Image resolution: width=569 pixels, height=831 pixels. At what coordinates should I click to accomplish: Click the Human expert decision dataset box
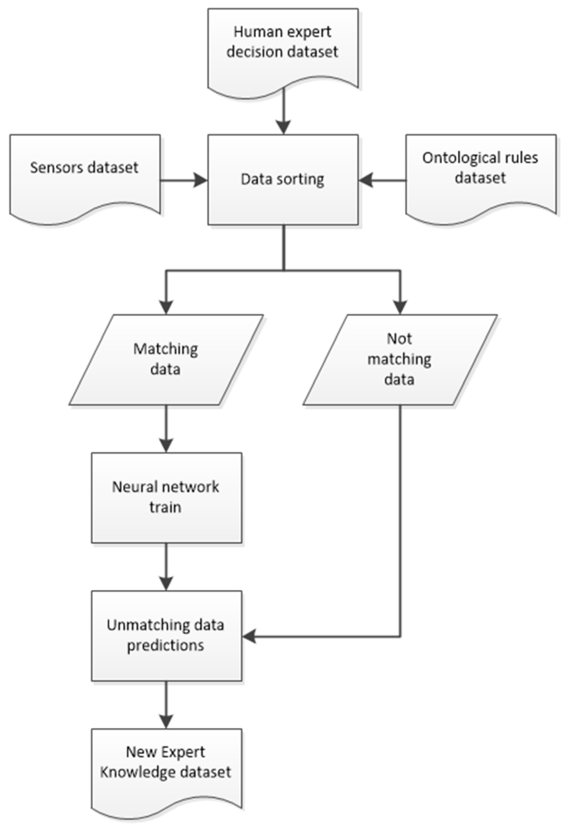click(x=283, y=50)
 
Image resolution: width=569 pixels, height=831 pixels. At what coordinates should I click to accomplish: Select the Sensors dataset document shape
click(x=85, y=175)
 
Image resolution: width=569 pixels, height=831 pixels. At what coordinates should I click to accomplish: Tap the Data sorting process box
click(x=283, y=179)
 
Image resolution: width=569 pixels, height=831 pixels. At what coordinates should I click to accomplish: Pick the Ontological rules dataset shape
click(x=481, y=175)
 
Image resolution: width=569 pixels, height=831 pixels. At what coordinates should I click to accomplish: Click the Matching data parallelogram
click(x=166, y=359)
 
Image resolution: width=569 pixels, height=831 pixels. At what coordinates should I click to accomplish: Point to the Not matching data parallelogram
click(x=400, y=359)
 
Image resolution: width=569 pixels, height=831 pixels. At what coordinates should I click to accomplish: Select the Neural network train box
click(x=166, y=497)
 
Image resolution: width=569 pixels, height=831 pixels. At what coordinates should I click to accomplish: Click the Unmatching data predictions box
click(x=166, y=635)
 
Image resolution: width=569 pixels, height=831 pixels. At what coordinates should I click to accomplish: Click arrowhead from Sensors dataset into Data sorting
click(x=200, y=180)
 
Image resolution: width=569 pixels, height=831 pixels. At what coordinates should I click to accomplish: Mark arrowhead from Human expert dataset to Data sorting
click(x=283, y=127)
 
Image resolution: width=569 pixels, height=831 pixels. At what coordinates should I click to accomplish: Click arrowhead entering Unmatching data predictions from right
click(x=250, y=636)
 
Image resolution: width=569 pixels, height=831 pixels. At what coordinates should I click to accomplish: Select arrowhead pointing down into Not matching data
click(x=400, y=307)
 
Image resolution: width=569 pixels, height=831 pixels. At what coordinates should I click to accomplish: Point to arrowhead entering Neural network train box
click(x=166, y=445)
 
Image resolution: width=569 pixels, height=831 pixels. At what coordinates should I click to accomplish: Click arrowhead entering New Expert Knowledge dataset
click(x=166, y=721)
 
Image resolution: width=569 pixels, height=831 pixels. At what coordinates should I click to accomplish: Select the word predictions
click(x=166, y=646)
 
